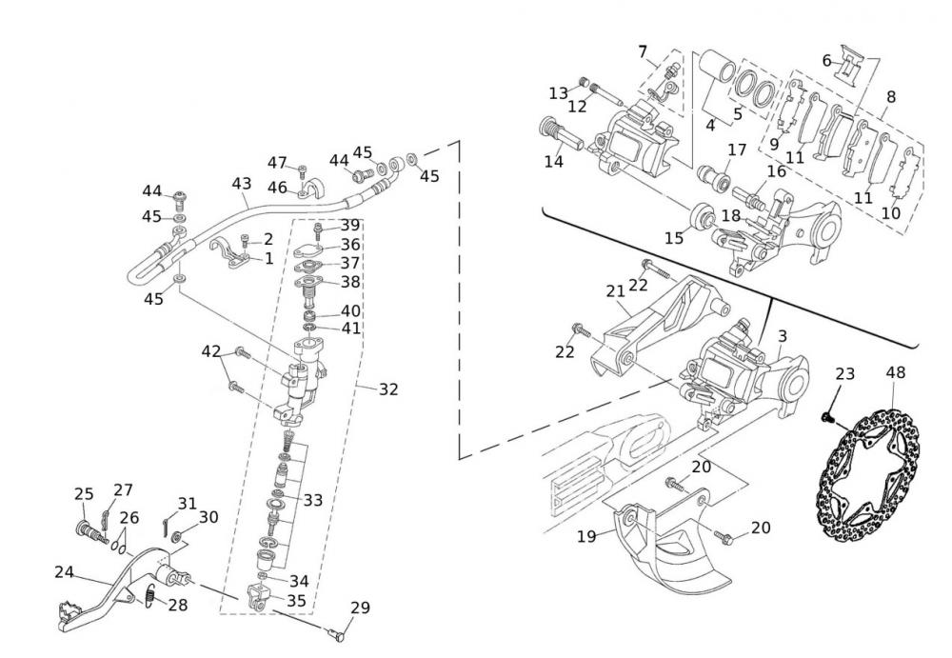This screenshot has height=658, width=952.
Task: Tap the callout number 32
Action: [x=387, y=389]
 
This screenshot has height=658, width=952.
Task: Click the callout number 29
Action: [x=360, y=608]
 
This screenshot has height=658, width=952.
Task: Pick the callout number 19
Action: [x=586, y=536]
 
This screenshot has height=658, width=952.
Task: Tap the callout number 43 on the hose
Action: [x=241, y=182]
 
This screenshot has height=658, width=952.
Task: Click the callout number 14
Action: [x=554, y=161]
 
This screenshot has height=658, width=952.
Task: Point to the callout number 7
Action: [x=643, y=50]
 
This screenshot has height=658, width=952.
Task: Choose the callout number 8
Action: [x=890, y=96]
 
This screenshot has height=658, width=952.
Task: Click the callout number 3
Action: [x=782, y=336]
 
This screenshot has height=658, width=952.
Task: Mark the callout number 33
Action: [x=313, y=499]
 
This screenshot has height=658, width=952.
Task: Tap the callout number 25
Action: [x=84, y=494]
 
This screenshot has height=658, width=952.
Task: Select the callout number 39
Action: [x=351, y=225]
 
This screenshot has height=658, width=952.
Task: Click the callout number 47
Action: [x=277, y=162]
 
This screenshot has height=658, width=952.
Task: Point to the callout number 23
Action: [x=844, y=374]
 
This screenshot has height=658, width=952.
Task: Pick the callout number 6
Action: [x=826, y=60]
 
